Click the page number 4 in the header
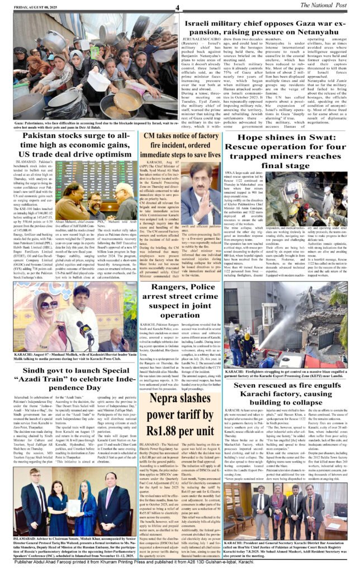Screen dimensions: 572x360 (177, 7)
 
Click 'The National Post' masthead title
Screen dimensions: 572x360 (325, 6)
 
